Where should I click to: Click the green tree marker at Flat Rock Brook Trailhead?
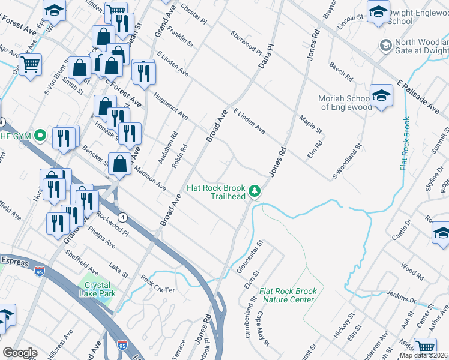[x=255, y=191]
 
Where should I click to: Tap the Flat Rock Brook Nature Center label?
[x=287, y=295]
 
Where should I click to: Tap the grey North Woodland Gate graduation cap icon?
[x=385, y=46]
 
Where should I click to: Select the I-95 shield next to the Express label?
[x=40, y=271]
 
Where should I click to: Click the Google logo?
[x=19, y=353]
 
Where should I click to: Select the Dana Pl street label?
[x=265, y=55]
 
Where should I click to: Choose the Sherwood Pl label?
[x=246, y=43]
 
